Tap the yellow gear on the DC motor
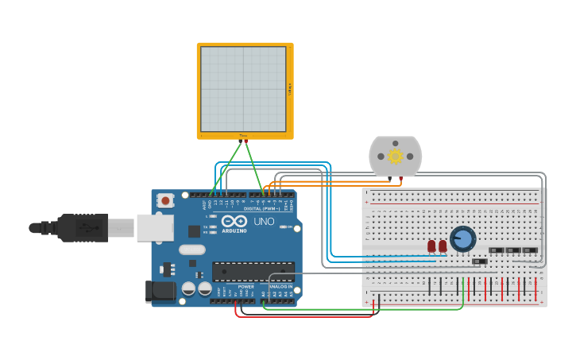point(395,156)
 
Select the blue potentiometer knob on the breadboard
point(462,238)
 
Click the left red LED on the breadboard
point(431,246)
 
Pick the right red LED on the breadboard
point(443,246)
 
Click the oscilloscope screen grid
point(243,89)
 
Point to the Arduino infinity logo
point(234,222)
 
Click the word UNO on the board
point(261,222)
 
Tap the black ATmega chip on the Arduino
point(253,272)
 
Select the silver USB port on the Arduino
point(154,227)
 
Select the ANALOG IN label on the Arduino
point(281,286)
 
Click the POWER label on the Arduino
point(246,286)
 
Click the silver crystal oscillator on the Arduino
point(191,250)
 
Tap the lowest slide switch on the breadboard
point(479,261)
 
